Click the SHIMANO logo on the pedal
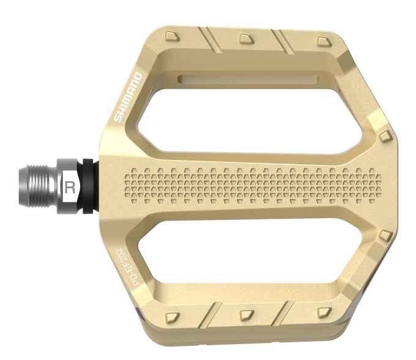(128, 97)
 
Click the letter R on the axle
(70, 186)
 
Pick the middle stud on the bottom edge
(246, 314)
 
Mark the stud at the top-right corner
(322, 40)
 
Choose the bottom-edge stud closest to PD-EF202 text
(174, 316)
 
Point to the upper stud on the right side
(385, 135)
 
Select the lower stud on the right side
(385, 235)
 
